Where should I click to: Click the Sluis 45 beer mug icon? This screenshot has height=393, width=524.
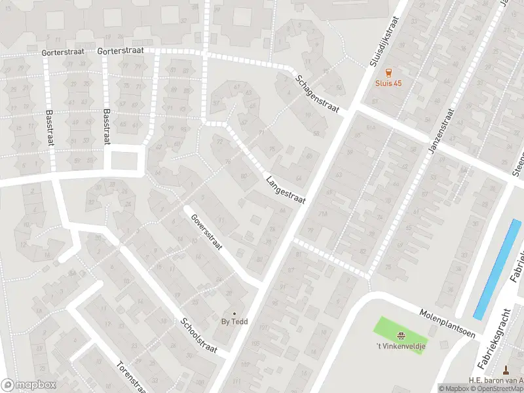coord(388,73)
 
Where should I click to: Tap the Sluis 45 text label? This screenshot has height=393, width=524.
coord(388,83)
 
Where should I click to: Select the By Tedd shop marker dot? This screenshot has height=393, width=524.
coord(234,313)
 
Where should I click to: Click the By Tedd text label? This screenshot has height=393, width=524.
coord(234,322)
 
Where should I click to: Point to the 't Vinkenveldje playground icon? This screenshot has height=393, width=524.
coord(401,335)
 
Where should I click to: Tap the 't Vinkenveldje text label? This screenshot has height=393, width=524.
coord(401,345)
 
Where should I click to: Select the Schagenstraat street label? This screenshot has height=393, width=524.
coord(317,94)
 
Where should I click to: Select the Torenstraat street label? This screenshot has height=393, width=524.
coord(130,377)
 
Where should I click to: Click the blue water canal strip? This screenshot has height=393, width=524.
coord(497,269)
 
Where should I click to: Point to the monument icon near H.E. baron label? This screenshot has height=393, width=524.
coord(506,369)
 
